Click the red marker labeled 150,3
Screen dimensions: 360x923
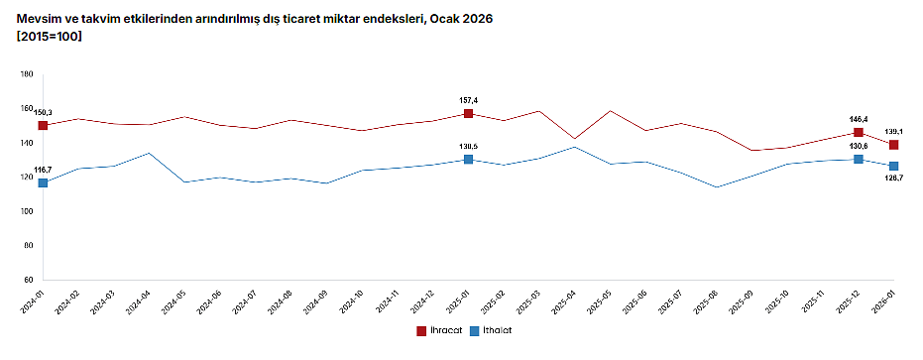click(x=43, y=126)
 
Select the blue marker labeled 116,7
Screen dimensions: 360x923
click(x=43, y=182)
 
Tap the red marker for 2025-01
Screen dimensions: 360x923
click(x=468, y=114)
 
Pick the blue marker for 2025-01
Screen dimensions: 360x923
click(x=468, y=160)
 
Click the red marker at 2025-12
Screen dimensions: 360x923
click(x=859, y=133)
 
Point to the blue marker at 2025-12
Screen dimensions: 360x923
click(x=859, y=160)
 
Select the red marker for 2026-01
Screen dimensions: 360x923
click(x=894, y=145)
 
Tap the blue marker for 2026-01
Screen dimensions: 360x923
click(x=894, y=166)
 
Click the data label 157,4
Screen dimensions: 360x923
click(x=468, y=100)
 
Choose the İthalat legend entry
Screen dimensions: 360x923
click(x=492, y=330)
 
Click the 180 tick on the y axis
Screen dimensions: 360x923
click(x=27, y=74)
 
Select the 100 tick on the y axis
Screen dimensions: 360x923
click(x=27, y=212)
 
